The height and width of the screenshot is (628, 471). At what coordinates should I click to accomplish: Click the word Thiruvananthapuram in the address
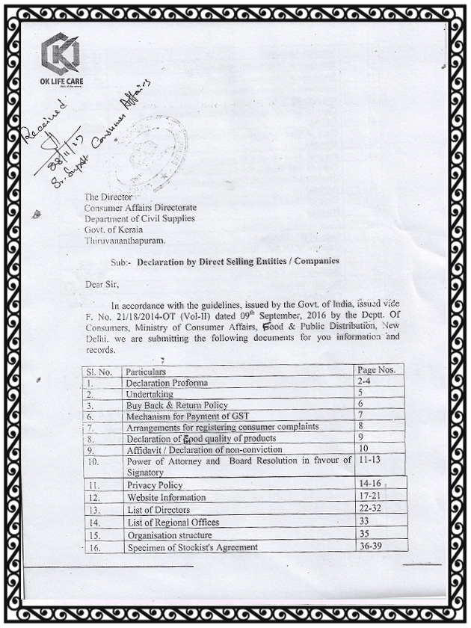125,241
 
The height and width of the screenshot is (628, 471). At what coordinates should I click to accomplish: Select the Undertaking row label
150,393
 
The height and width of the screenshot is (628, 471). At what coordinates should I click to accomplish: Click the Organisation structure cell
170,535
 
